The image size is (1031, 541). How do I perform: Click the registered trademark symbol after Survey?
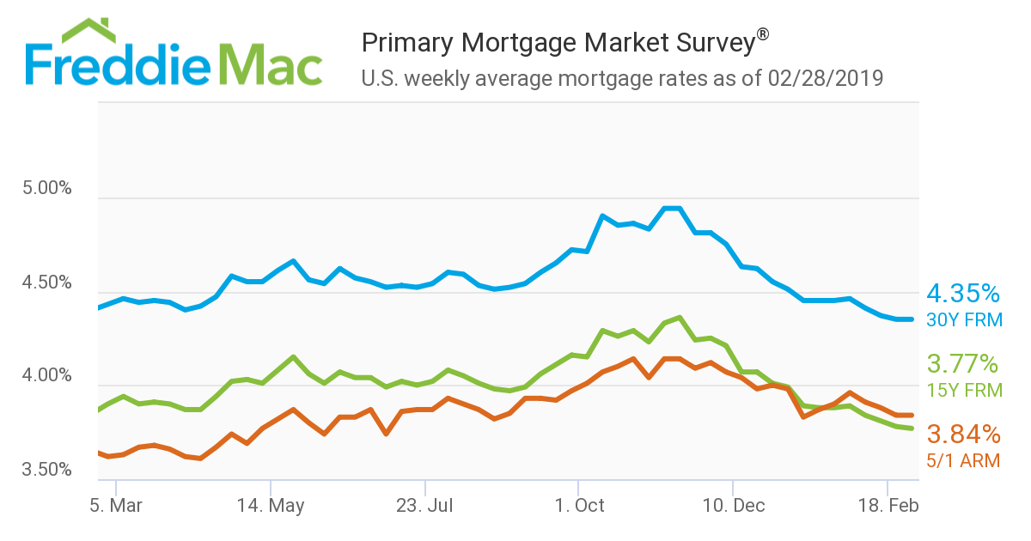click(x=762, y=35)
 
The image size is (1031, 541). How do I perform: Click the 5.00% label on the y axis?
click(x=46, y=188)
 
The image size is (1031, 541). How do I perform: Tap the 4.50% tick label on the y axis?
click(x=46, y=283)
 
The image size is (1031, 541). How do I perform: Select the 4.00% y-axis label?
click(x=46, y=376)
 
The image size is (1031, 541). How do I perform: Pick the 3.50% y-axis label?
click(x=46, y=470)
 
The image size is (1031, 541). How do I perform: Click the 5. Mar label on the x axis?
click(x=116, y=505)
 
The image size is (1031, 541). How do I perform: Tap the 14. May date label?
click(x=270, y=505)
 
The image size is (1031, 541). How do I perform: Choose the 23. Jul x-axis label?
click(x=424, y=505)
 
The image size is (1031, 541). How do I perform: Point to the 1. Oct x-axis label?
click(x=579, y=505)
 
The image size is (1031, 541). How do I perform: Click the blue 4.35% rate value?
click(x=962, y=295)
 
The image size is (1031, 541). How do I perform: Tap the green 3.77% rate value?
click(x=962, y=363)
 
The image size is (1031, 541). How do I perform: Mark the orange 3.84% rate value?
click(x=962, y=433)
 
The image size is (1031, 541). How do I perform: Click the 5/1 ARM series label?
click(x=962, y=460)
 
